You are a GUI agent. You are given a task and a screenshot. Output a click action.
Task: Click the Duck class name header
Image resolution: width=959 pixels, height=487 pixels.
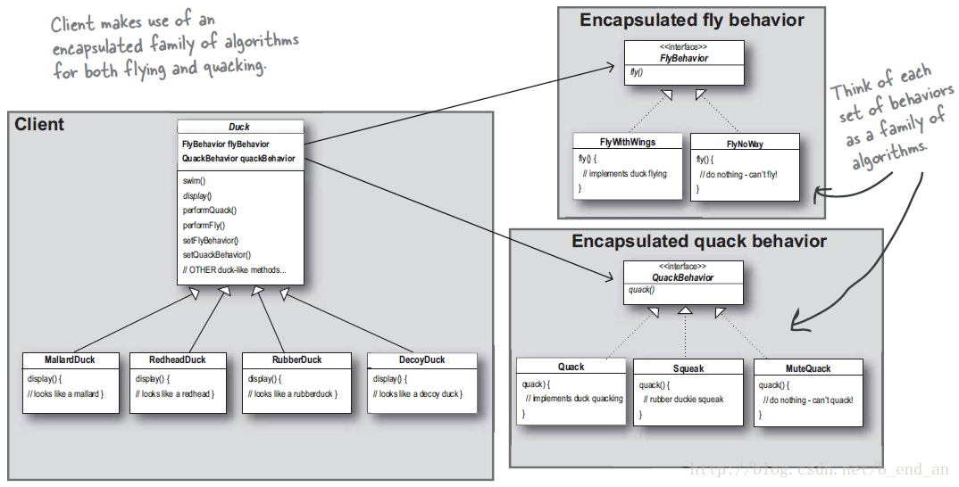pyautogui.click(x=239, y=127)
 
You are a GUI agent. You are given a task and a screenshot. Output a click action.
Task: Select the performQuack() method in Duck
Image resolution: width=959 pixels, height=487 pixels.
pyautogui.click(x=210, y=210)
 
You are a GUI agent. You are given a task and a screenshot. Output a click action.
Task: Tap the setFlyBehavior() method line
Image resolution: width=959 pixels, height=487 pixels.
pyautogui.click(x=211, y=240)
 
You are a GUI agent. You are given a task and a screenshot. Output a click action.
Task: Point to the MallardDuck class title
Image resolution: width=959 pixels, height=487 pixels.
pyautogui.click(x=70, y=360)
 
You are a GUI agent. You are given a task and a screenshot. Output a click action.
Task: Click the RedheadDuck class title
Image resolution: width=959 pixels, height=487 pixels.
pyautogui.click(x=178, y=360)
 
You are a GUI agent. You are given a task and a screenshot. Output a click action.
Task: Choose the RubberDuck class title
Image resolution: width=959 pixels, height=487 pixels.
pyautogui.click(x=296, y=360)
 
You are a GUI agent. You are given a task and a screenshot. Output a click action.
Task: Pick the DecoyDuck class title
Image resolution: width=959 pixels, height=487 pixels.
pyautogui.click(x=422, y=360)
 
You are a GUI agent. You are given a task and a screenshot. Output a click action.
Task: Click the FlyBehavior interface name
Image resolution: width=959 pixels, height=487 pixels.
pyautogui.click(x=684, y=59)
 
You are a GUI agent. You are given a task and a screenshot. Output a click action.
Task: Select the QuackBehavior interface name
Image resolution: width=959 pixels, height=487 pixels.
pyautogui.click(x=682, y=277)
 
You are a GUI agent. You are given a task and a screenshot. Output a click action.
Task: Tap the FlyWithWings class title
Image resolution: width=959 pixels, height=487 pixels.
pyautogui.click(x=628, y=143)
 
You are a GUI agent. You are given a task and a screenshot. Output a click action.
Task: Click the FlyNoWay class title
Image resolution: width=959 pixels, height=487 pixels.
pyautogui.click(x=745, y=144)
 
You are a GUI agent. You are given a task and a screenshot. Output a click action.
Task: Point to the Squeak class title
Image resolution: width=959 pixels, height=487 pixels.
pyautogui.click(x=688, y=369)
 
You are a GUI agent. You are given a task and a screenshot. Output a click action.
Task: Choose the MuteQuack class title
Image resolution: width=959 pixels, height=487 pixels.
pyautogui.click(x=808, y=369)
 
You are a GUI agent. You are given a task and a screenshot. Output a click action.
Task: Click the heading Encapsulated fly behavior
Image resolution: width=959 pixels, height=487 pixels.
pyautogui.click(x=692, y=21)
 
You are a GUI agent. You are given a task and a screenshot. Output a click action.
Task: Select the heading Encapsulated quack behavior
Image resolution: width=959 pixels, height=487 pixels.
pyautogui.click(x=699, y=242)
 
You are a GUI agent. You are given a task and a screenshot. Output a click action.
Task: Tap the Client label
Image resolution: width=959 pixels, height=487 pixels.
pyautogui.click(x=39, y=125)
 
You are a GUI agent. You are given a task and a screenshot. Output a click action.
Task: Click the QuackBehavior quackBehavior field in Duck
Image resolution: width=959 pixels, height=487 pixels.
pyautogui.click(x=238, y=159)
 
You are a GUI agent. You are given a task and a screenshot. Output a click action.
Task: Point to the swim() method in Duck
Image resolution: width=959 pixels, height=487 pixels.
pyautogui.click(x=194, y=181)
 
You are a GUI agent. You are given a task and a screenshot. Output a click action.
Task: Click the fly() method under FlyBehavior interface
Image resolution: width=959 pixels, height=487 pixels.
pyautogui.click(x=636, y=72)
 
